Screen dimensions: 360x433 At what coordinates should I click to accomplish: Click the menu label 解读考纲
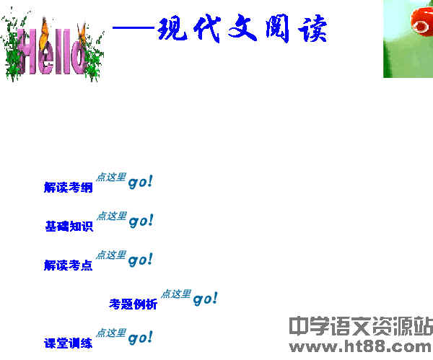point(68,188)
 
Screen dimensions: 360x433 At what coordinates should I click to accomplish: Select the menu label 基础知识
point(69,227)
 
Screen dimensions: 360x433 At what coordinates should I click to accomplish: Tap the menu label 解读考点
point(68,265)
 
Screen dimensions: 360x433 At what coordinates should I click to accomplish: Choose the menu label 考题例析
point(133,304)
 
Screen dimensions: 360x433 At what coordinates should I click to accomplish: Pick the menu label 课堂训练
point(68,343)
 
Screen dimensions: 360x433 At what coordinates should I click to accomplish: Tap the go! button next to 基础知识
point(141,221)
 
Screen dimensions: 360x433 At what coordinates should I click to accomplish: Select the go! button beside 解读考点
point(141,260)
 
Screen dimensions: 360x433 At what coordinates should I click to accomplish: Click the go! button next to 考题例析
point(206,298)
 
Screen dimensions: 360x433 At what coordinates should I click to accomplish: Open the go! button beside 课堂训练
point(141,337)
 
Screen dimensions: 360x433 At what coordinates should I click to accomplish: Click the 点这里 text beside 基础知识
point(112,216)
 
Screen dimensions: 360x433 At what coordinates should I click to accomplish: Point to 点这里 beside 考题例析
point(176,294)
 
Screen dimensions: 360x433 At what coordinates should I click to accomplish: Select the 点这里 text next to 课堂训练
point(111,333)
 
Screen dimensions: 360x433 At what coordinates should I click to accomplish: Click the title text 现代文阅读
point(242,30)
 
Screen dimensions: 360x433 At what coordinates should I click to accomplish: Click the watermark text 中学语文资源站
point(360,326)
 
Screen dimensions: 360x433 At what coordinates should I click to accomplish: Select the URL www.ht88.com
point(360,347)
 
